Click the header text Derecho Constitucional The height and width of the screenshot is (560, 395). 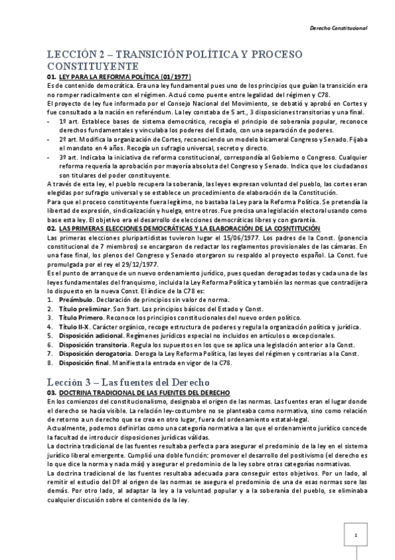(x=338, y=29)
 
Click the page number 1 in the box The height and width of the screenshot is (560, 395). (x=355, y=534)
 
